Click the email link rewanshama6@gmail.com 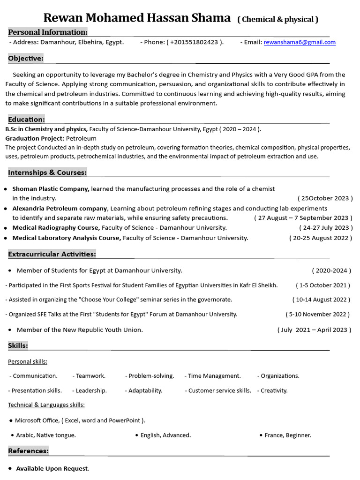point(300,42)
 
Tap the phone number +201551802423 point(194,42)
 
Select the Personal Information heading point(48,32)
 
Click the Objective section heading point(26,58)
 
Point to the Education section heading point(26,120)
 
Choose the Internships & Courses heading point(47,172)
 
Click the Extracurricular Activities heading point(52,254)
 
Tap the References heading point(28,451)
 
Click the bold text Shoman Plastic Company point(51,189)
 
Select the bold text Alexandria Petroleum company point(60,208)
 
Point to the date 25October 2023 point(325,198)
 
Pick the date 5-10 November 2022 point(318,315)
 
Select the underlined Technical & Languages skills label point(46,405)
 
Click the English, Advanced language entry point(165,435)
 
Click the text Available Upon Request point(52,469)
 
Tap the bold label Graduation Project point(35,139)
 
